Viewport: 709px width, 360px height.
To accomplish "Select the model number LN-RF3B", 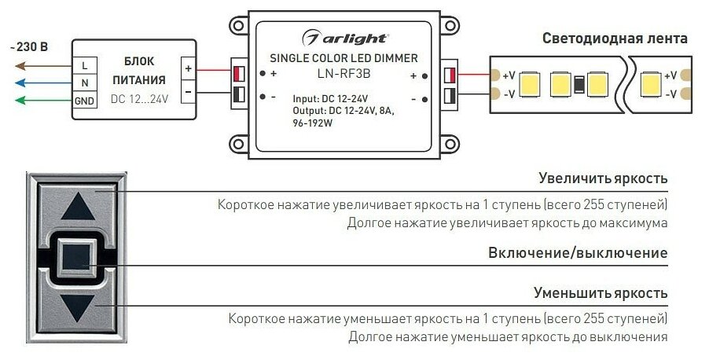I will [x=344, y=73].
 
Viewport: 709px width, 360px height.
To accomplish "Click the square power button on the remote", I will [x=76, y=256].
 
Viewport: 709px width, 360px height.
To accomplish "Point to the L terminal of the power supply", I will [x=83, y=65].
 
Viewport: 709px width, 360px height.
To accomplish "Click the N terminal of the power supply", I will [x=83, y=83].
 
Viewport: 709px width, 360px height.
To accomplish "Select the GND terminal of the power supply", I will [x=83, y=100].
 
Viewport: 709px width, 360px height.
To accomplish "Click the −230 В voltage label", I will [x=30, y=47].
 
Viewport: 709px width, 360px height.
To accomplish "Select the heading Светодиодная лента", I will [x=615, y=39].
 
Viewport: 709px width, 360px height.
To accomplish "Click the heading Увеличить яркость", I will [x=602, y=178].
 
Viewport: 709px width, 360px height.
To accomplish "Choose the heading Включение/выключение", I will [x=578, y=253].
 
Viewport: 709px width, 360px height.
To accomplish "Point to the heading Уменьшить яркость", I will [x=601, y=293].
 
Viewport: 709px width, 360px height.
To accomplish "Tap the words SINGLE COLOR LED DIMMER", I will [x=343, y=58].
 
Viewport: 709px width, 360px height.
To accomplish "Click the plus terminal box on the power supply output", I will [x=189, y=68].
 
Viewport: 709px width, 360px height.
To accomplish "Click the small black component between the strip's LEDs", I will [x=579, y=84].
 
